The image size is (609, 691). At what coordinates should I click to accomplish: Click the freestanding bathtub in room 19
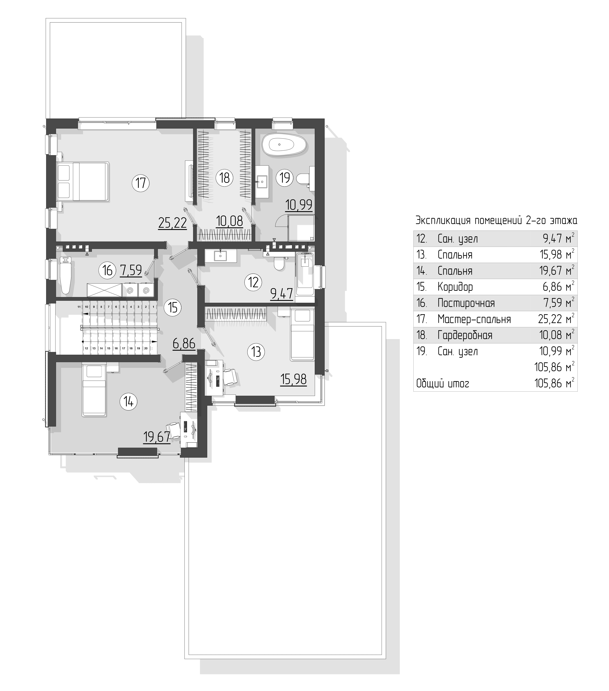click(285, 145)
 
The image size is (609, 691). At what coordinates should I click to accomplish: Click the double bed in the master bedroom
click(83, 182)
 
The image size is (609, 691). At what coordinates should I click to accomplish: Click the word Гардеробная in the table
click(465, 335)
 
